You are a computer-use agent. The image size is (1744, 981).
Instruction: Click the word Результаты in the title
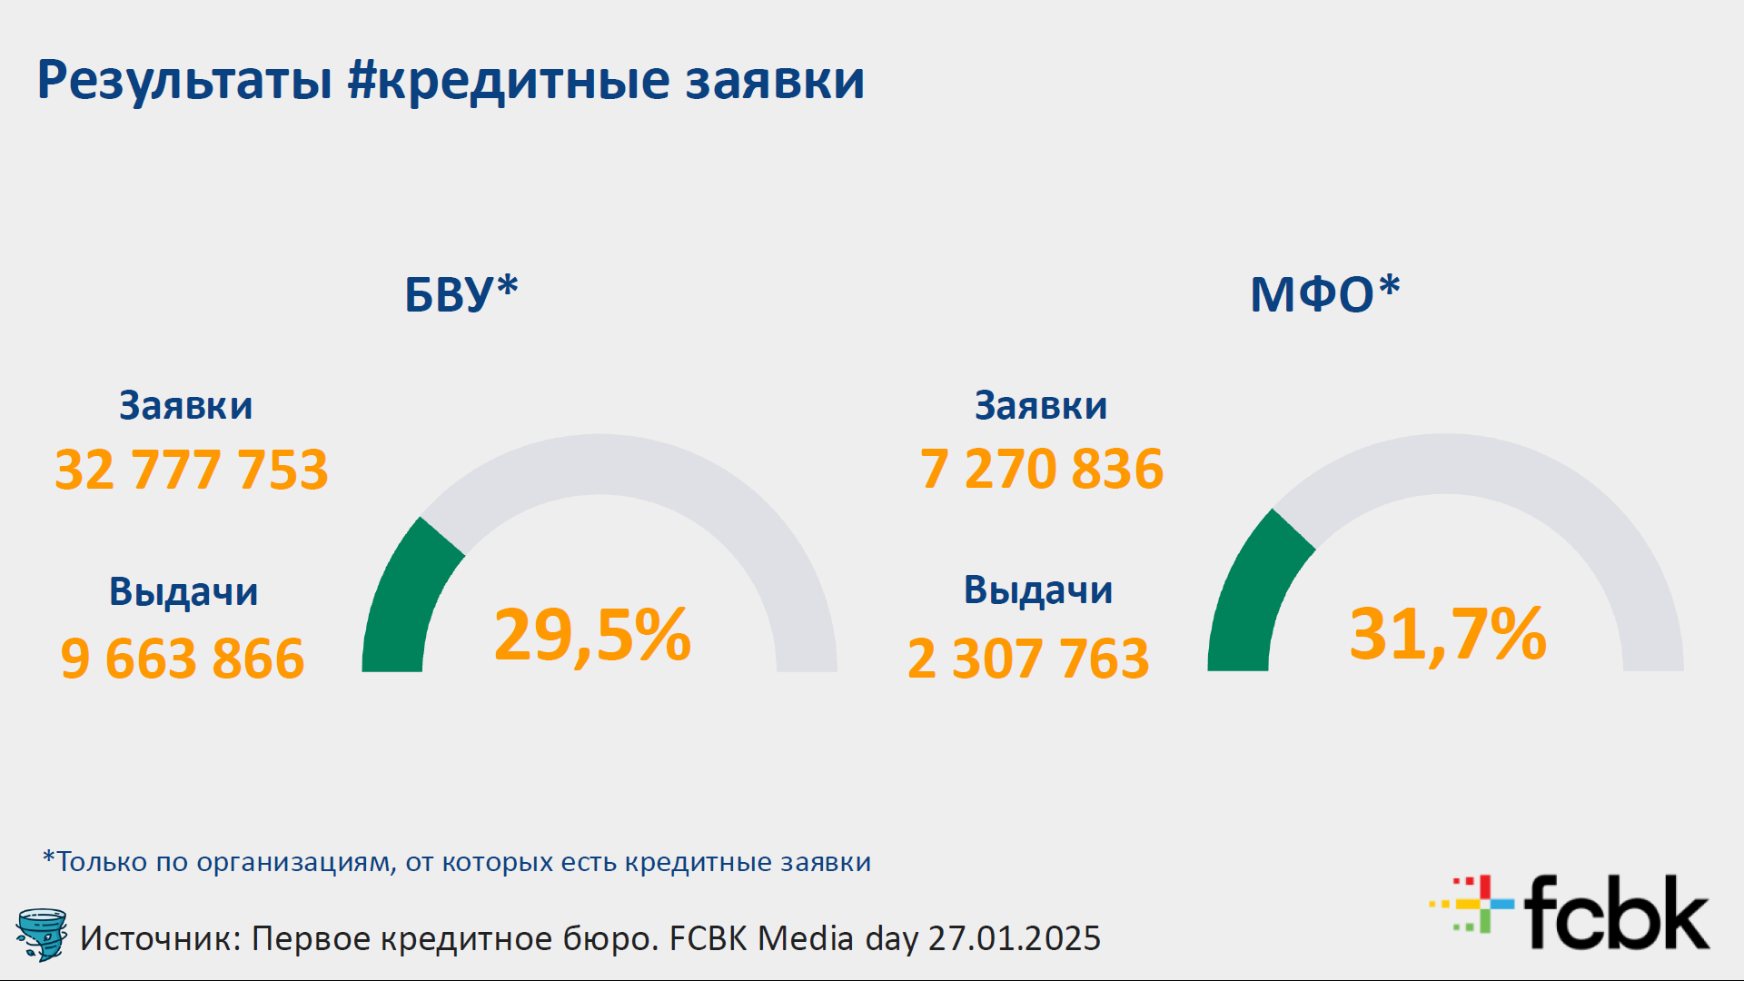tap(184, 80)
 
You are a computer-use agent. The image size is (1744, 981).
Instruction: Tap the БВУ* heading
tap(461, 293)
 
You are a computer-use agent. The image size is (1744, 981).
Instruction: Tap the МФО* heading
tap(1325, 293)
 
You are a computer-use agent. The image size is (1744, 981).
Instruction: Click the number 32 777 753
tap(192, 470)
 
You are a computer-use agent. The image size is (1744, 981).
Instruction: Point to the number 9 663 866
tap(183, 659)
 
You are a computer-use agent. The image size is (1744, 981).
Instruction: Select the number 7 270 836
tap(1042, 469)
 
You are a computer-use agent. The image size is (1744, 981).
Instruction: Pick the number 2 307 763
tap(1028, 659)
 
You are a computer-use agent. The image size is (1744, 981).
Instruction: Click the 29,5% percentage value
tap(592, 635)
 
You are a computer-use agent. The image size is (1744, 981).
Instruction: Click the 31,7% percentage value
tap(1448, 633)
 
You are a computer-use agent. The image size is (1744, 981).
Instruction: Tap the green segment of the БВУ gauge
tap(404, 599)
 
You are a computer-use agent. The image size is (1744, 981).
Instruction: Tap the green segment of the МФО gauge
tap(1252, 595)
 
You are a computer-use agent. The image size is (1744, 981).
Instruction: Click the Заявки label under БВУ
tap(186, 405)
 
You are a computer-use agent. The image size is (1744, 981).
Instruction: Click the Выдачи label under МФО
tap(1038, 590)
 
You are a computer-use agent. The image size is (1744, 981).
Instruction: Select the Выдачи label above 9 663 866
tap(183, 592)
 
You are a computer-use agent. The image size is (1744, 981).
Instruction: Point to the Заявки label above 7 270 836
tap(1041, 405)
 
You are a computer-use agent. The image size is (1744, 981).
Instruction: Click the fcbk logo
tap(1570, 912)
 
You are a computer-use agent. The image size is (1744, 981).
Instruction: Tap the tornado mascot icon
tap(42, 934)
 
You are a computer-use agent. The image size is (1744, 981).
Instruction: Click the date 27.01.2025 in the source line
tap(1015, 938)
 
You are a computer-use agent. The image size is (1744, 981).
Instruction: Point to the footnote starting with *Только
tap(457, 861)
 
